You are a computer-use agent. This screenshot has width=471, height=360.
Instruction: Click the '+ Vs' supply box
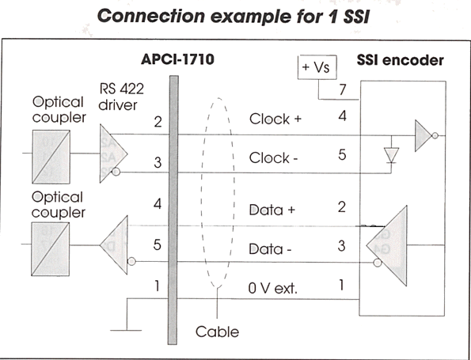point(317,67)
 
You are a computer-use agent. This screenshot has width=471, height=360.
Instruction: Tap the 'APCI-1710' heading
point(177,59)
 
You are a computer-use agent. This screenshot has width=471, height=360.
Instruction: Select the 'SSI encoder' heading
point(400,60)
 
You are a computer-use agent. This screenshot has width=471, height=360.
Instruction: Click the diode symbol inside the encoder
point(391,155)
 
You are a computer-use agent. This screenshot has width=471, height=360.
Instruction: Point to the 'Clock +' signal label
point(275,119)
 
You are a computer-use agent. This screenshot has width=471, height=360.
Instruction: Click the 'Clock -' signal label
point(273,158)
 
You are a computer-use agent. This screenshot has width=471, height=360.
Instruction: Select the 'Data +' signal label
point(272,210)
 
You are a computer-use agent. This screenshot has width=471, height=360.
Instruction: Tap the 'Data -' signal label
point(270,249)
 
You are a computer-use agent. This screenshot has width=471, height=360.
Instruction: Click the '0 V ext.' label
point(272,288)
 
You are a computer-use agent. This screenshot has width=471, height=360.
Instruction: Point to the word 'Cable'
point(217,332)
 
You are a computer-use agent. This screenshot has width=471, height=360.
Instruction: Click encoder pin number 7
point(343,89)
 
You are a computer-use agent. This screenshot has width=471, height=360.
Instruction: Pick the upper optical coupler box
point(51,157)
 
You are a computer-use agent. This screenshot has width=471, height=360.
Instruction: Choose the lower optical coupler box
point(51,249)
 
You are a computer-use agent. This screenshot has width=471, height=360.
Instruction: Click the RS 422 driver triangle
point(112,153)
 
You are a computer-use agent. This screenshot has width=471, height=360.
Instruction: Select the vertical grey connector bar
point(173,210)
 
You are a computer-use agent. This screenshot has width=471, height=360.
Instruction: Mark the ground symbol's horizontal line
point(126,330)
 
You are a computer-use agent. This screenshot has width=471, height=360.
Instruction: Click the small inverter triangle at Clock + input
point(424,136)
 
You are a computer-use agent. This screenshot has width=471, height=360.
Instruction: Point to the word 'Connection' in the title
point(151,16)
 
